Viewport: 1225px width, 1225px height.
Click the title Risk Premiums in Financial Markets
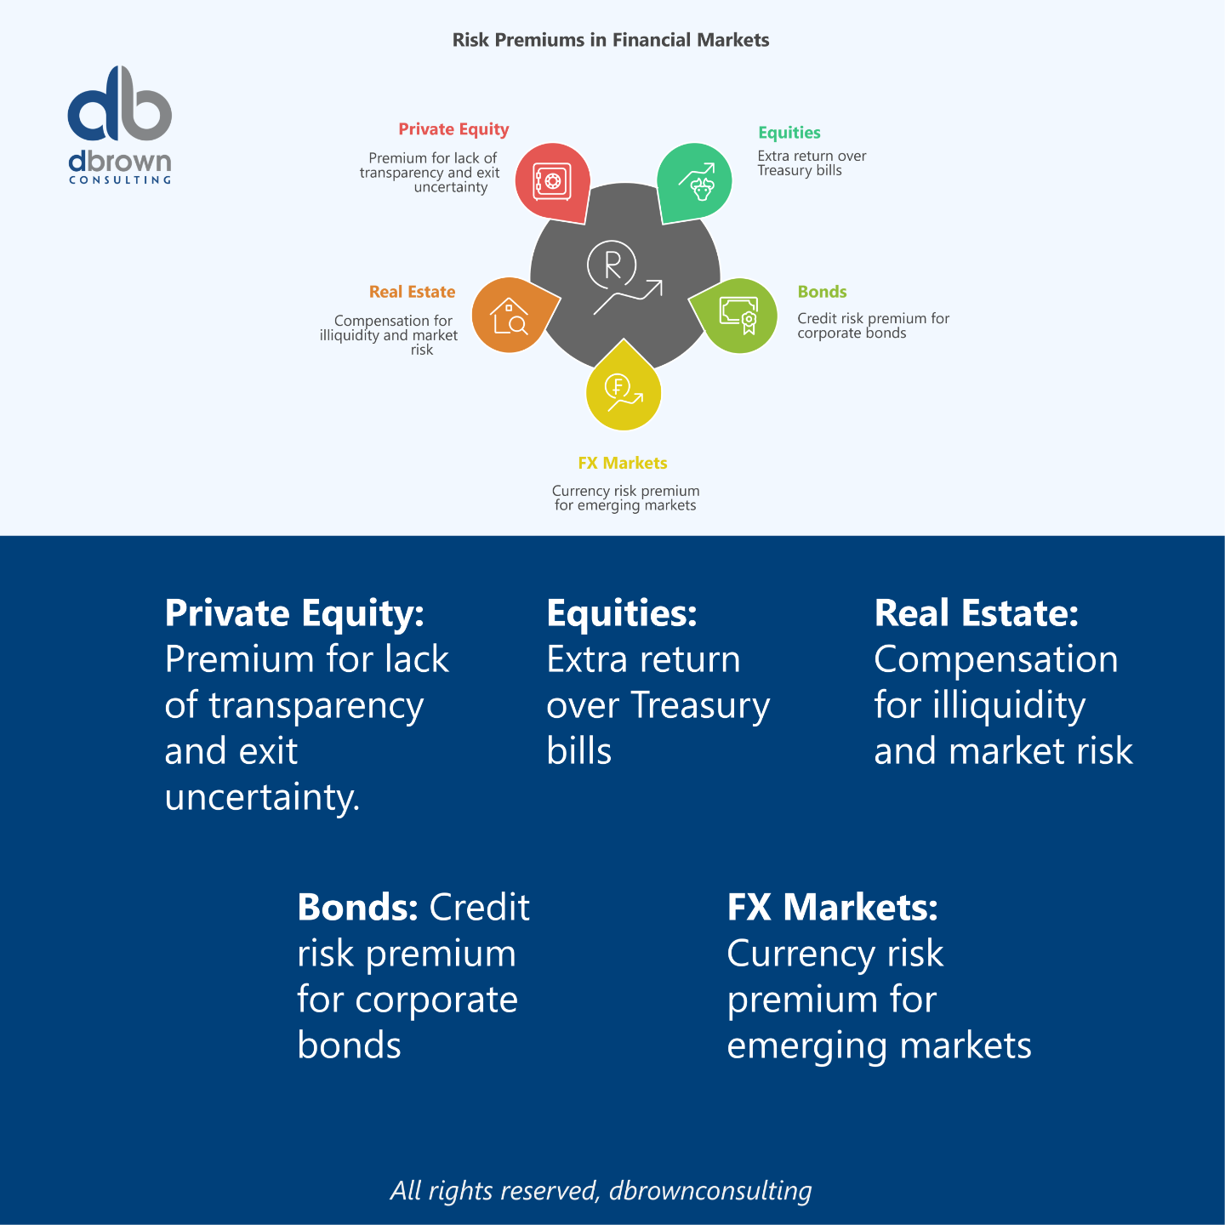[611, 40]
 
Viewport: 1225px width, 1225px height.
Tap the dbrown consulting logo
[120, 124]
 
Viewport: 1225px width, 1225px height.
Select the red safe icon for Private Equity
[551, 181]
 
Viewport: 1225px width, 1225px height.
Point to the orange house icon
[510, 316]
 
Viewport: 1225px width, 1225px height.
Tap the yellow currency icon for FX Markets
[623, 391]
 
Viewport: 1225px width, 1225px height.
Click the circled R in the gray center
[612, 265]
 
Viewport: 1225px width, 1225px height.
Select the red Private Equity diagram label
[453, 129]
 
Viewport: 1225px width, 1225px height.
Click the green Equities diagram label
[789, 133]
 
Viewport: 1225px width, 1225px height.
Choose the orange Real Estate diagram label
[412, 292]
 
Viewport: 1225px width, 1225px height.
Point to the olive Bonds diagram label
[822, 292]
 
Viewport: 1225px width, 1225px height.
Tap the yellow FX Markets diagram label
[623, 463]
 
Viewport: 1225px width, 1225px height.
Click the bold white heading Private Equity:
[294, 613]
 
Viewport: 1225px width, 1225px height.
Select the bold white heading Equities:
[622, 613]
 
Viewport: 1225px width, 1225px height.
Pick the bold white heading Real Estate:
[977, 613]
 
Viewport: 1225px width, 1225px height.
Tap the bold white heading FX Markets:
[833, 908]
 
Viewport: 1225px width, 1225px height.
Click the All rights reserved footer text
[601, 1190]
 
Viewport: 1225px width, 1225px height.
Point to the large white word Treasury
[700, 706]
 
